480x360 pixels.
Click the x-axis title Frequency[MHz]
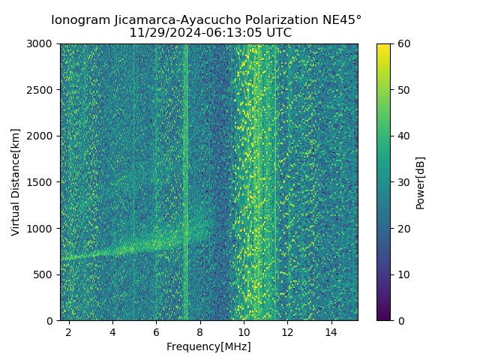coord(208,346)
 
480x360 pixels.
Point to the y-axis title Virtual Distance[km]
coord(16,182)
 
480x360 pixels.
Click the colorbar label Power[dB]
coord(421,182)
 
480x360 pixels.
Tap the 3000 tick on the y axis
coord(42,44)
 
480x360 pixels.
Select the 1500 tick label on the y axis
coord(42,182)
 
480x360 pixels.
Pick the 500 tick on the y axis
coord(45,274)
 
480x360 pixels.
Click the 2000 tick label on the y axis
coord(42,136)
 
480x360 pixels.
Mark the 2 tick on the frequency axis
coord(69,331)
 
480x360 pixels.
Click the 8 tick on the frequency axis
coord(200,331)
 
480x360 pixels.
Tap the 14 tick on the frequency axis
coord(331,331)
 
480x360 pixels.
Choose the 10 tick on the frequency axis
coord(244,331)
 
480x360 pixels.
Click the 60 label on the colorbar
coord(403,44)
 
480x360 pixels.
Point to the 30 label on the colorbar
coord(403,182)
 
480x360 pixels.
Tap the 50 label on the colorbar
coord(403,90)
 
